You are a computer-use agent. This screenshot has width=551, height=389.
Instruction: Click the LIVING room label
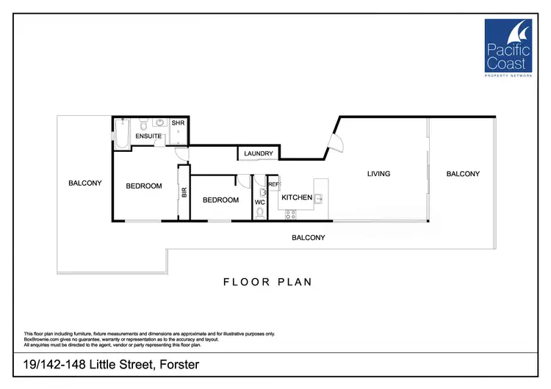[379, 174]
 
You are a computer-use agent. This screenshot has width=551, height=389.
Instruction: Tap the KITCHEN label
[298, 197]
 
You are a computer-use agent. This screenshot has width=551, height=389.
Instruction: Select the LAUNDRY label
[259, 153]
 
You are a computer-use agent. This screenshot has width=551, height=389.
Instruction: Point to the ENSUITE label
[148, 136]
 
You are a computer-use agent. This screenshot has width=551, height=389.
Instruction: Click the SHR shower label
[178, 123]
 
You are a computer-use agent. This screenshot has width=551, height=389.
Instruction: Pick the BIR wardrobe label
[184, 193]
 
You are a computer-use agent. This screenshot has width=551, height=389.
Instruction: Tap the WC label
[259, 202]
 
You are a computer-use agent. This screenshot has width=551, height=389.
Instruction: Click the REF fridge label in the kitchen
[273, 185]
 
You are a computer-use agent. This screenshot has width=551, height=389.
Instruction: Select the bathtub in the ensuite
[121, 132]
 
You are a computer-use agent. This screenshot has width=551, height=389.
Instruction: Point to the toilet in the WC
[260, 214]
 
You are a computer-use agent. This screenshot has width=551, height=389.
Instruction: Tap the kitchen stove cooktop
[289, 214]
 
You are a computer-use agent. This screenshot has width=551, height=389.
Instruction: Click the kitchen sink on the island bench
[319, 197]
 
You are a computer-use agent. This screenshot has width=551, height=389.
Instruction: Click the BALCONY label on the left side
[85, 183]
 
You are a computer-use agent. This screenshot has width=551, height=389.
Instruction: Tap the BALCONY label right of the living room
[463, 174]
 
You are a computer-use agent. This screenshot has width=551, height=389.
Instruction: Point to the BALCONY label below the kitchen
[309, 238]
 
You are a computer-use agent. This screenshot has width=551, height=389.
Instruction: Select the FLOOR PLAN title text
[268, 282]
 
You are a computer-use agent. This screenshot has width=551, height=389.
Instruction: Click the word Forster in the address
[176, 365]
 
